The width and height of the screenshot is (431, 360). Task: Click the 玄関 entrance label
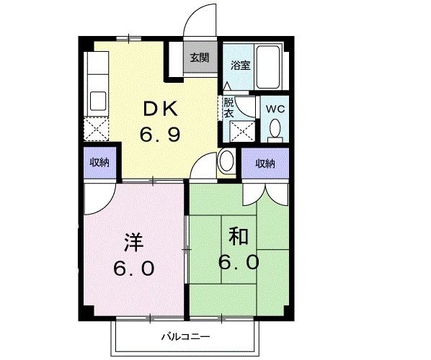click(200, 58)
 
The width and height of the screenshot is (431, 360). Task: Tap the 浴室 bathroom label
click(240, 65)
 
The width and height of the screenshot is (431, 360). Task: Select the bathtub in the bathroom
click(267, 67)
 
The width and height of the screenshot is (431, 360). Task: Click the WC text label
click(275, 109)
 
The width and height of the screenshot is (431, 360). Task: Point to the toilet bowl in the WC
click(275, 128)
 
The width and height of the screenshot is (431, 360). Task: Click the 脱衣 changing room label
click(228, 108)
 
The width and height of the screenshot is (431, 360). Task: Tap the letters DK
click(160, 109)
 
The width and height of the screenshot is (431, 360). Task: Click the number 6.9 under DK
click(160, 134)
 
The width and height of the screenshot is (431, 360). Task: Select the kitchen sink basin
click(98, 101)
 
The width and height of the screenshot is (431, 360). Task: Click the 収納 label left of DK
click(99, 163)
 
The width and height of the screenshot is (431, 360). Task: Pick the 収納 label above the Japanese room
click(265, 163)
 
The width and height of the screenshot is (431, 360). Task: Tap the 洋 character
click(133, 243)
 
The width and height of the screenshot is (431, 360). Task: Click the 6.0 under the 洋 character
click(133, 269)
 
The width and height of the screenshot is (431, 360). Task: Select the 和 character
click(239, 236)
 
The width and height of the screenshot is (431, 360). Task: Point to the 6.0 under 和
click(239, 262)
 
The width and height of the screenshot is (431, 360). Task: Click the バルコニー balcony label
click(185, 336)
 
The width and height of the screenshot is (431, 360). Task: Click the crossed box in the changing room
click(242, 131)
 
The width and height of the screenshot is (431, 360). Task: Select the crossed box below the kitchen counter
click(96, 129)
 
